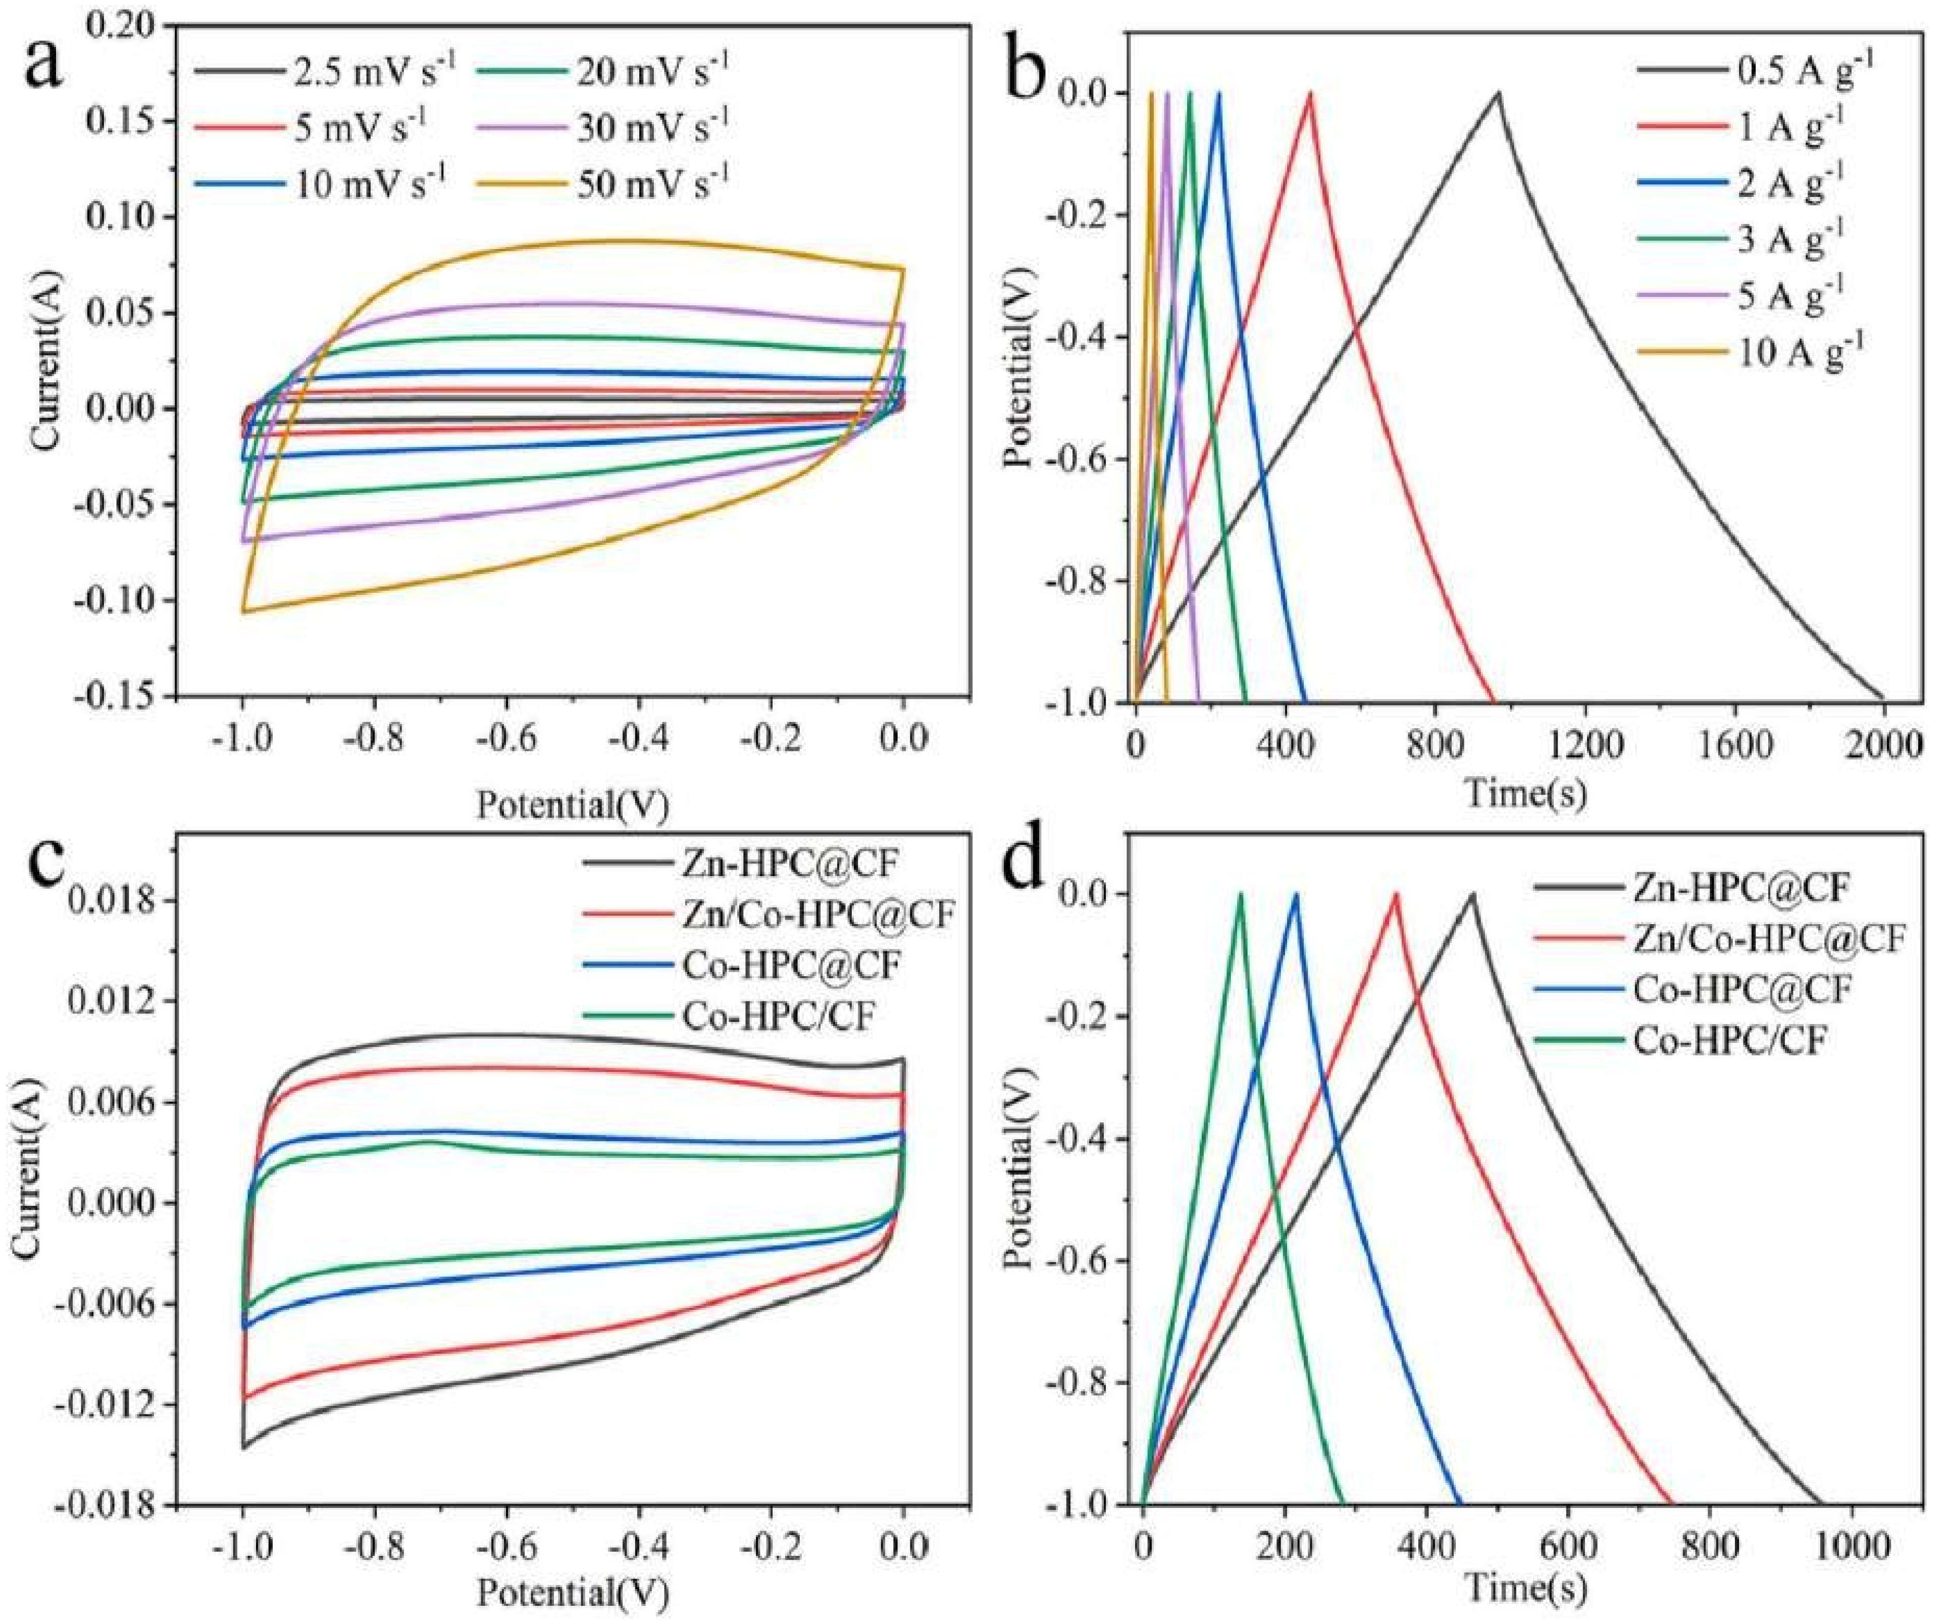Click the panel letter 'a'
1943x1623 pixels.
[44, 65]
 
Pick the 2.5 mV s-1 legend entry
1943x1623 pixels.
[370, 71]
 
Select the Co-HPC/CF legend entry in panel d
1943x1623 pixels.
[1730, 1041]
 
